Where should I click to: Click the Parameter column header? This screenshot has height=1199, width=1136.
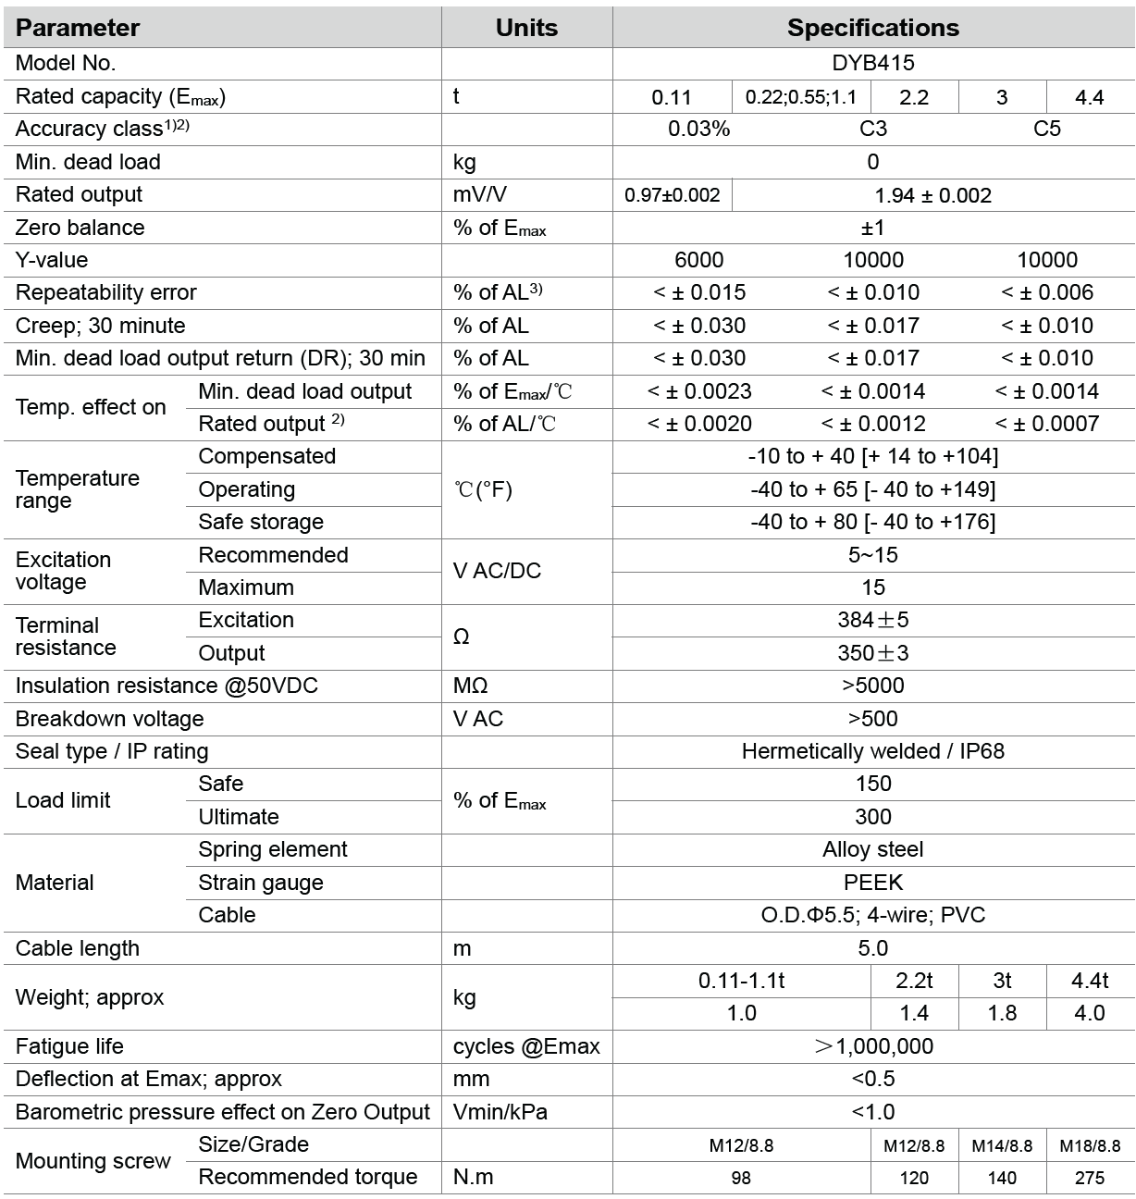78,28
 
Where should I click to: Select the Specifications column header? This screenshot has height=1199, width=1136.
872,28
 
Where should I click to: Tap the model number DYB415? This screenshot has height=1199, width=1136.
872,63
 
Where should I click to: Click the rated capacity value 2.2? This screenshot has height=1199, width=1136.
914,97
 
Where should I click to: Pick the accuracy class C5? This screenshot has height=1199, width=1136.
1046,129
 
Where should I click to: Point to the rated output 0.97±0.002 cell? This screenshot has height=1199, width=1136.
672,195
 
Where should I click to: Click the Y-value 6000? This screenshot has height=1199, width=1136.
698,260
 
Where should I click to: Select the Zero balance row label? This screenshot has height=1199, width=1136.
80,228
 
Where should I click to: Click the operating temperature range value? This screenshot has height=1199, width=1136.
872,489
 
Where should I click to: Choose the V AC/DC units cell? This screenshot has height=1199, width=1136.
497,571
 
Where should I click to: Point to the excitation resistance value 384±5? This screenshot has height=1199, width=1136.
872,620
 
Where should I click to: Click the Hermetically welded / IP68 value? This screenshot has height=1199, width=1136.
872,751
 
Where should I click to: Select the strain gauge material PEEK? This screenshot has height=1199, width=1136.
872,883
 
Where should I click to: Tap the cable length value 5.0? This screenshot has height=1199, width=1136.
872,948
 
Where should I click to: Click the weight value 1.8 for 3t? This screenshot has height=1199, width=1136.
1002,1013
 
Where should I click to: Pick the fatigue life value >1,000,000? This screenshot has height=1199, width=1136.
872,1046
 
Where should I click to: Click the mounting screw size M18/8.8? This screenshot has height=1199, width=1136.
1090,1145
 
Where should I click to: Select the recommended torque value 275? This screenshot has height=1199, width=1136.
1090,1178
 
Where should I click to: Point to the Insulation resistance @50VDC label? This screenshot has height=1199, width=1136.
167,686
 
